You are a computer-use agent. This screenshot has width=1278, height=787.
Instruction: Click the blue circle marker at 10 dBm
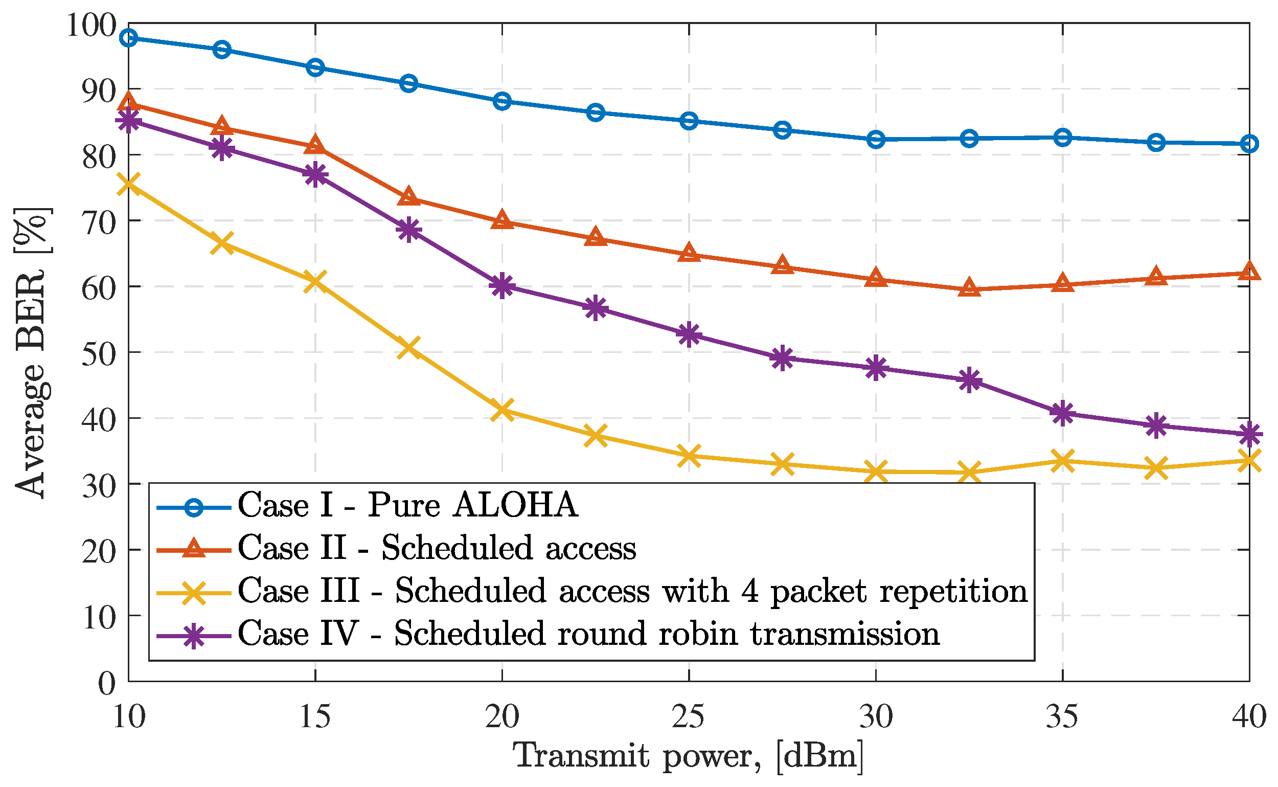(128, 37)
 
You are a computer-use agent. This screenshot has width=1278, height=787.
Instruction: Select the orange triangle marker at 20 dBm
(502, 221)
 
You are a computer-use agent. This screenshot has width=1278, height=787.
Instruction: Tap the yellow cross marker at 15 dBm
(315, 281)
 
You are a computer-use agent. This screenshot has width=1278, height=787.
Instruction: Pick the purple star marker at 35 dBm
(1063, 413)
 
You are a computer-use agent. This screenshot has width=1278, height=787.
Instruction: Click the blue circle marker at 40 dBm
(1249, 144)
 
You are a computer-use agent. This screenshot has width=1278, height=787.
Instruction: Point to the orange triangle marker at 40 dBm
(1249, 272)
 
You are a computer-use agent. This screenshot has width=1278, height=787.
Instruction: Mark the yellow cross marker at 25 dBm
(689, 456)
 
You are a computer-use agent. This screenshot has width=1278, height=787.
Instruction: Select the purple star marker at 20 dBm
(502, 285)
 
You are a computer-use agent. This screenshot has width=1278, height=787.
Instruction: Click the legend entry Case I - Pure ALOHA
(407, 505)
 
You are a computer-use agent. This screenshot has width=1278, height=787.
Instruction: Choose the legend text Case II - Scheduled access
(437, 548)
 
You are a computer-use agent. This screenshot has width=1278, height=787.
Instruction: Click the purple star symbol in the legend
(194, 636)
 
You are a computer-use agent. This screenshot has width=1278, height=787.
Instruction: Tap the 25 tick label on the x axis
(689, 716)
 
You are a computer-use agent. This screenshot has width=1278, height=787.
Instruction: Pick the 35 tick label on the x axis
(1062, 716)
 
